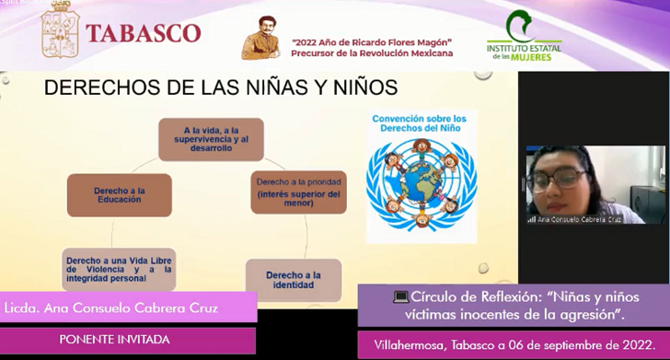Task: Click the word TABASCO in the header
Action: pyautogui.click(x=143, y=33)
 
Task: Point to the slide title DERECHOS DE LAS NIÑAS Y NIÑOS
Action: pyautogui.click(x=221, y=88)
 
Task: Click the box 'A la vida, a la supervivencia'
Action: pyautogui.click(x=211, y=140)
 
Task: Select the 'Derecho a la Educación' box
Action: pyautogui.click(x=120, y=194)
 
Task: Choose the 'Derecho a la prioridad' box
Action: pyautogui.click(x=300, y=191)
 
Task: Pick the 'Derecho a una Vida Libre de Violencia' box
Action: pyautogui.click(x=119, y=268)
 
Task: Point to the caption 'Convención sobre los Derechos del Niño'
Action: pyautogui.click(x=420, y=122)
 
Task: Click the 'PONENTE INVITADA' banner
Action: pyautogui.click(x=115, y=339)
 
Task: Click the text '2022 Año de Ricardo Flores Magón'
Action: pyautogui.click(x=371, y=42)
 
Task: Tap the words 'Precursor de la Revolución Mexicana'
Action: pyautogui.click(x=371, y=53)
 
